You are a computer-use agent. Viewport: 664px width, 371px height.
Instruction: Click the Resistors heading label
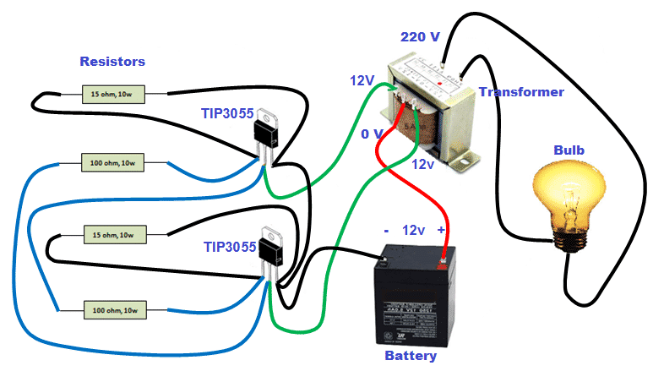(x=112, y=62)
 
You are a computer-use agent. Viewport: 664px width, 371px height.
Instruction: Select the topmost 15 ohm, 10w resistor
(x=112, y=95)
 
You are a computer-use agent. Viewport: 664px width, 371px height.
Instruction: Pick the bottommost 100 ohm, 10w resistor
(x=114, y=311)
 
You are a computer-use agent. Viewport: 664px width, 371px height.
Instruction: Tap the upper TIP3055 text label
(x=227, y=113)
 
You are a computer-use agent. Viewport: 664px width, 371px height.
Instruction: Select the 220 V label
(x=419, y=37)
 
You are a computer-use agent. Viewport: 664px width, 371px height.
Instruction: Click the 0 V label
(x=372, y=134)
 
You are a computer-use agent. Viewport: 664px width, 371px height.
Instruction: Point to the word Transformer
(x=521, y=91)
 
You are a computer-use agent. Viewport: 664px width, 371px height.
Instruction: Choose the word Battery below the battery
(x=411, y=356)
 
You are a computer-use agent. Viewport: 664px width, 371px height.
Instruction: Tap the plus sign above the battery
(x=440, y=230)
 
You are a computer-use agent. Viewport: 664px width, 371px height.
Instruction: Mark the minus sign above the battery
(x=385, y=230)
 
